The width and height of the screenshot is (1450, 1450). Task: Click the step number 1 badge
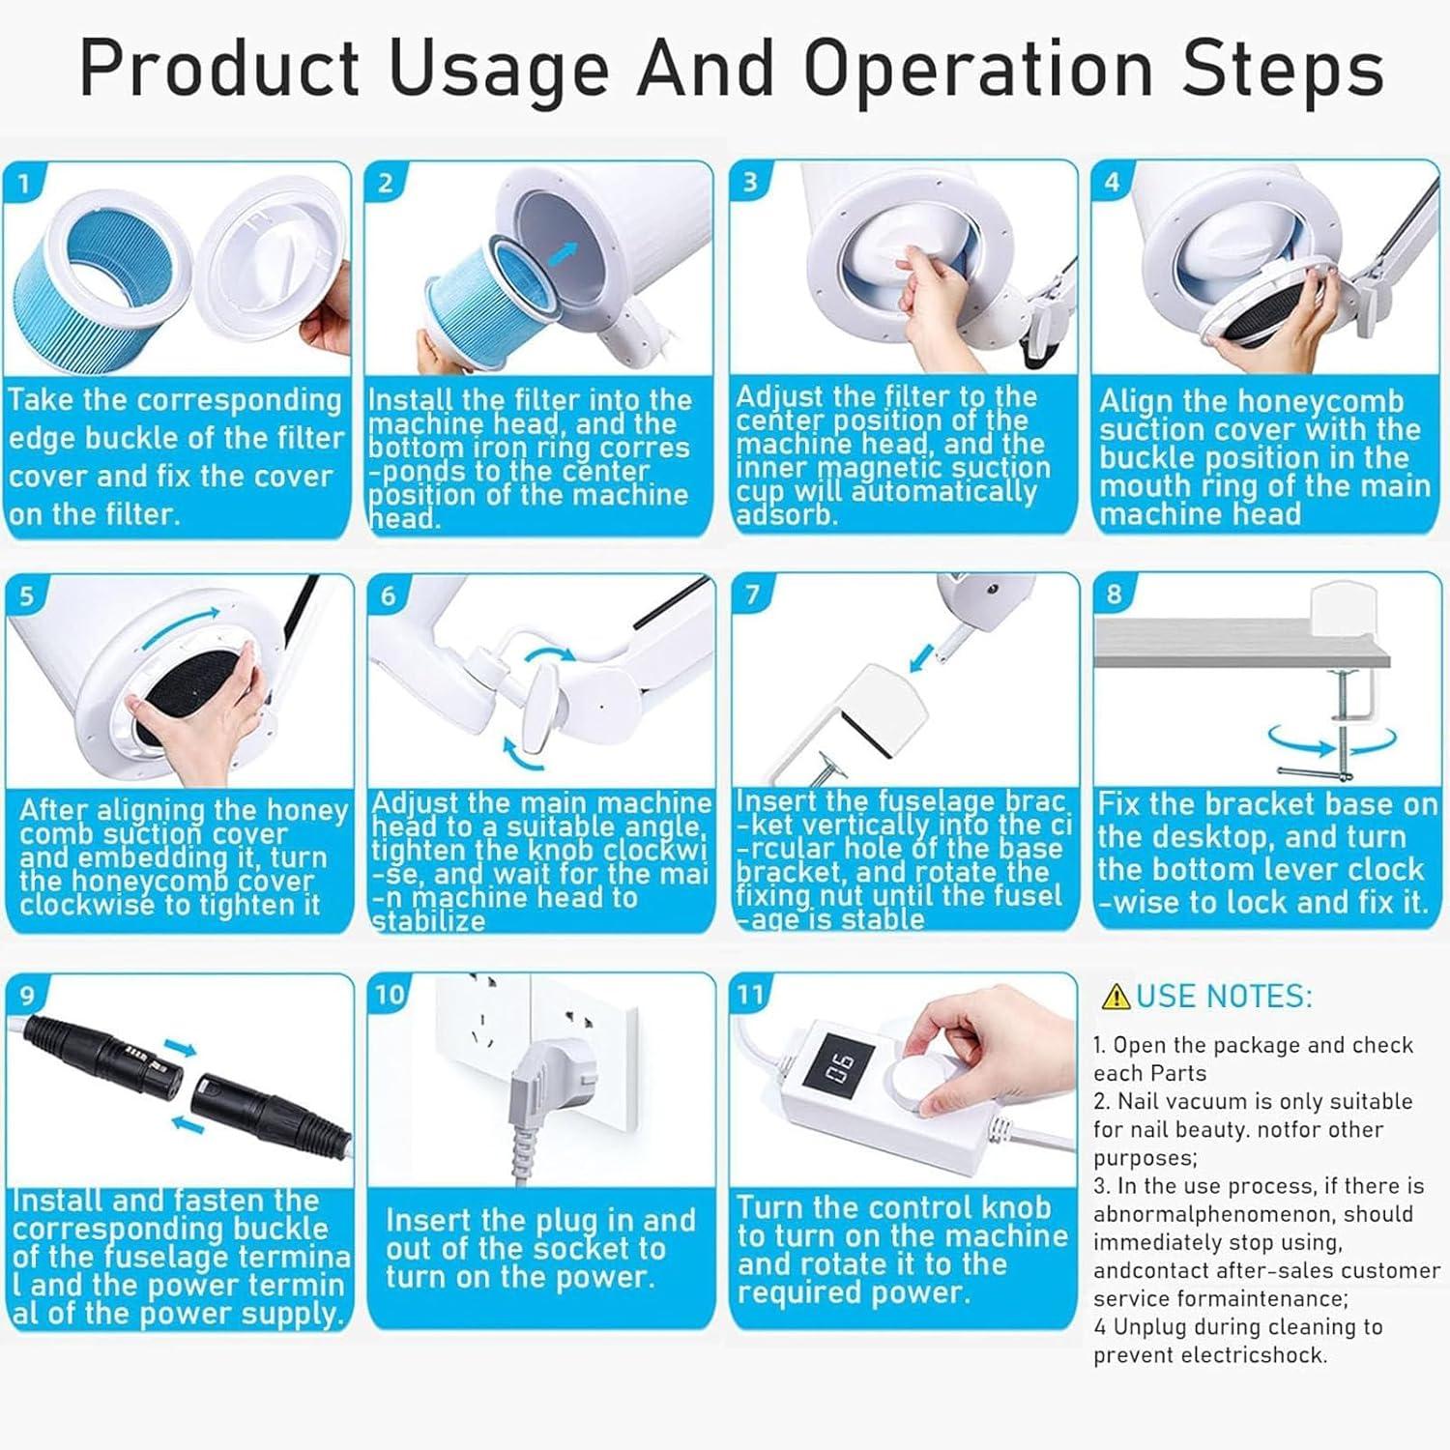23,183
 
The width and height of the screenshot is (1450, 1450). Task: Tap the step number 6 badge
388,594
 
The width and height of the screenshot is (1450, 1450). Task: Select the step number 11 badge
750,994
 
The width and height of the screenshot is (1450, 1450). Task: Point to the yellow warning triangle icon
1116,996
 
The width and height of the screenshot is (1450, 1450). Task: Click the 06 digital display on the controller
839,1068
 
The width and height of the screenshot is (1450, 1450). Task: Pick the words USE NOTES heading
1224,996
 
